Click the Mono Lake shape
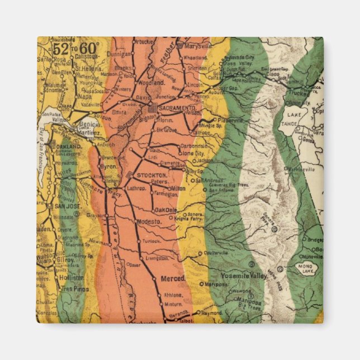point(306,268)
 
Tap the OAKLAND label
point(69,146)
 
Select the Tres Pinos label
point(74,289)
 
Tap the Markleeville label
point(302,168)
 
